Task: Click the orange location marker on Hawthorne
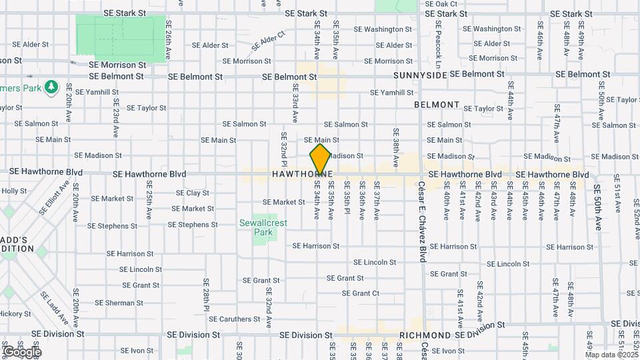click(x=320, y=159)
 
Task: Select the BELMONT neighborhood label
click(x=437, y=105)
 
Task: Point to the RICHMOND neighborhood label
click(x=425, y=335)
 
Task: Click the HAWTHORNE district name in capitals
click(x=302, y=175)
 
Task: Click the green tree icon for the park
click(x=51, y=87)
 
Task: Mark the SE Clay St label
click(x=193, y=193)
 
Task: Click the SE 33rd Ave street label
click(x=294, y=104)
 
